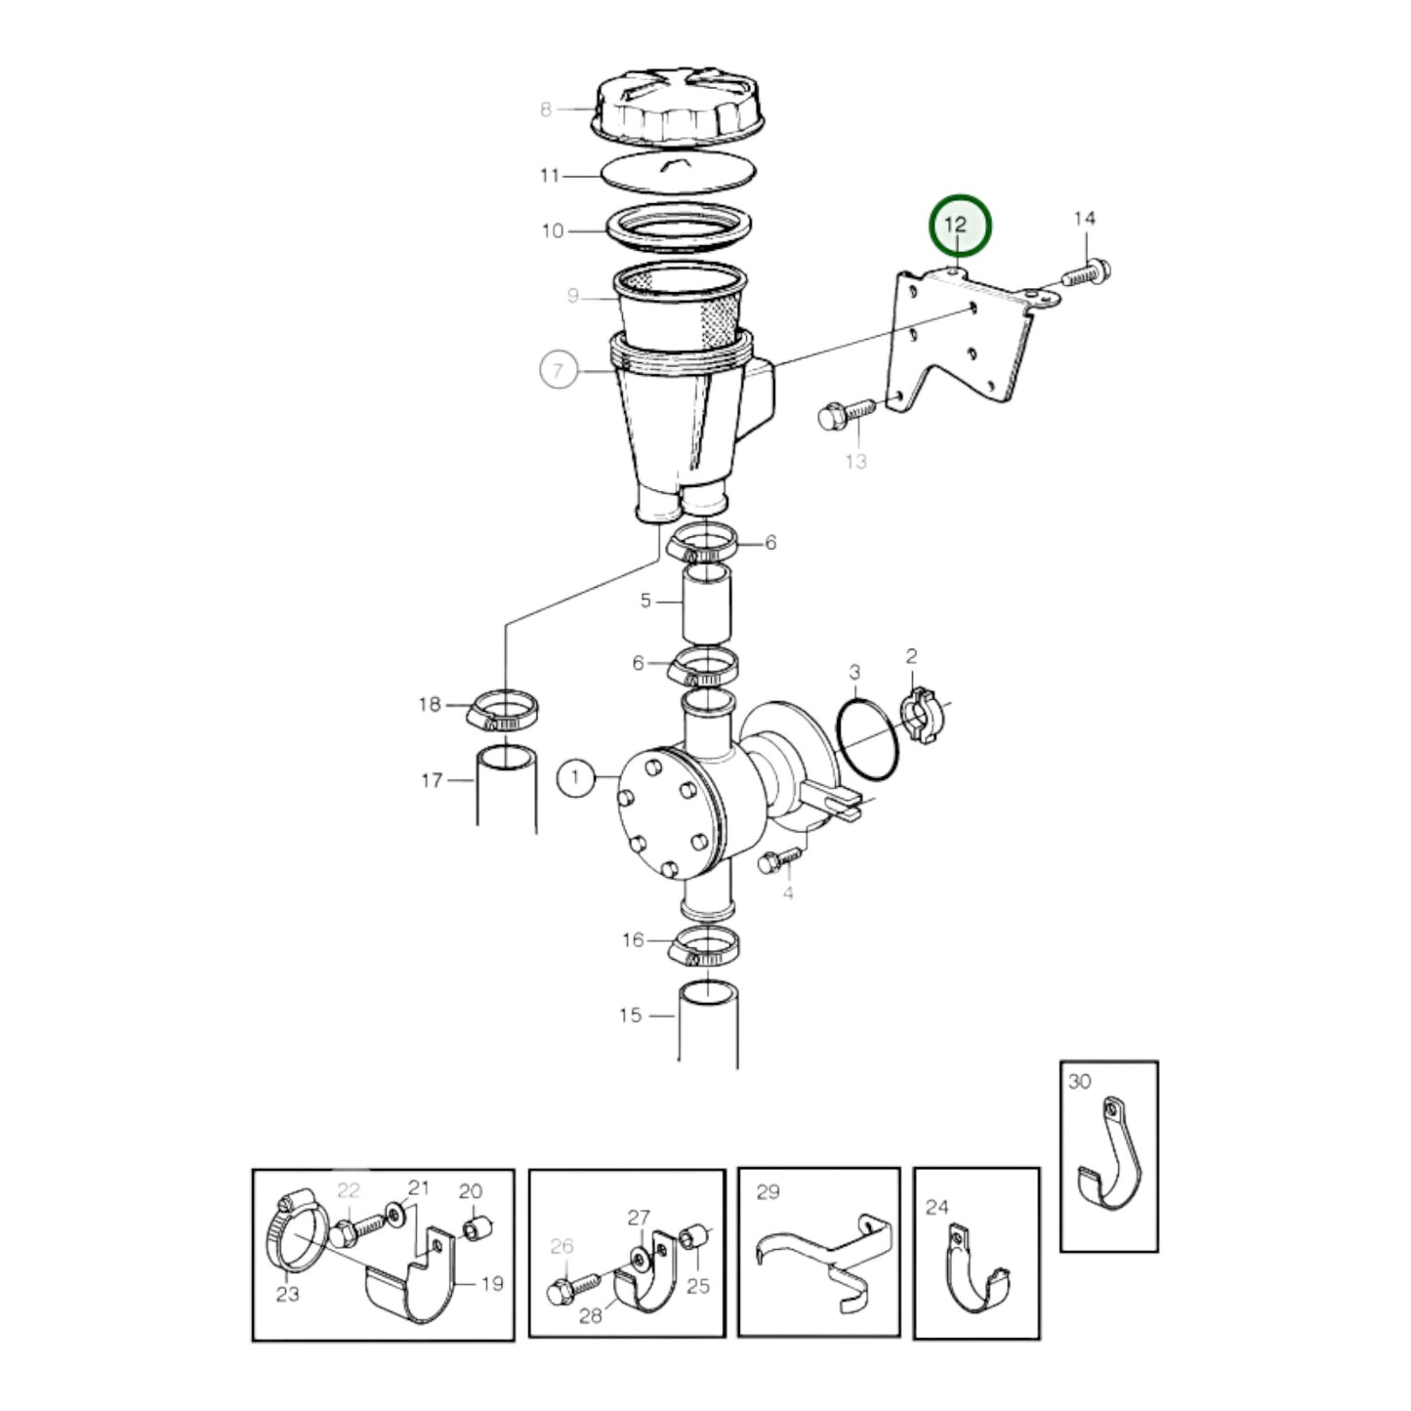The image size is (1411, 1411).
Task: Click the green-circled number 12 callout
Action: (x=959, y=227)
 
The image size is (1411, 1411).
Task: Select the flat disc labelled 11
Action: (x=678, y=172)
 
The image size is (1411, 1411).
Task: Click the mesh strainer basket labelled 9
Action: (x=681, y=308)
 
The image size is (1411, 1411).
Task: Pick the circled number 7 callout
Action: (x=559, y=370)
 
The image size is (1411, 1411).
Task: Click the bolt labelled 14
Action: (x=1087, y=273)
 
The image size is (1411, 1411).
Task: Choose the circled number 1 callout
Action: (x=575, y=777)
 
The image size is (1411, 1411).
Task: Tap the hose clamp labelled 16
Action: (x=702, y=947)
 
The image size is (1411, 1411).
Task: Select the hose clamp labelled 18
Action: (x=502, y=710)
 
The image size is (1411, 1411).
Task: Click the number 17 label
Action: (x=432, y=780)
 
